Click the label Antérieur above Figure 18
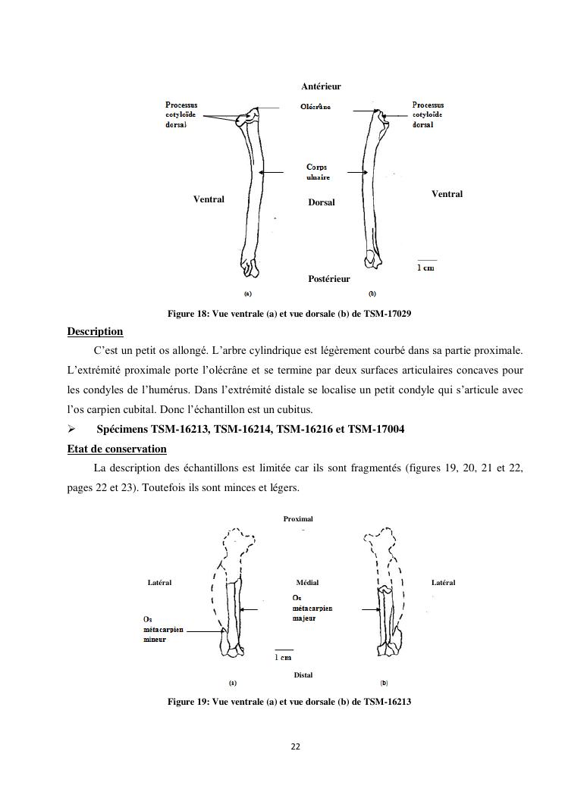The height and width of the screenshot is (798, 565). point(321,87)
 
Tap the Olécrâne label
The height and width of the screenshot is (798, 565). point(315,107)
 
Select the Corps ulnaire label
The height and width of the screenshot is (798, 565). point(317,171)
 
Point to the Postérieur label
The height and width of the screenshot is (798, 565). point(329,279)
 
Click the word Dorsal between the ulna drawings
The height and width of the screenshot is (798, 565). point(322,202)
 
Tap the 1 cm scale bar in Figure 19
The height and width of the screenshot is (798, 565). point(284,651)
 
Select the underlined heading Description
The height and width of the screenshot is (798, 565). point(95,331)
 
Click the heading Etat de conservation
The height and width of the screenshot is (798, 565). point(117,449)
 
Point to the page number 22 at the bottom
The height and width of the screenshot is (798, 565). point(295,746)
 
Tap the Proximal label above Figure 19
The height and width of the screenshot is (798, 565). point(298,519)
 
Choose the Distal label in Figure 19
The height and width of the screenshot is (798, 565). point(303,674)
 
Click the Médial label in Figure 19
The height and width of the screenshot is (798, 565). point(307,582)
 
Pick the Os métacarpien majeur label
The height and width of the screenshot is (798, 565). point(312,608)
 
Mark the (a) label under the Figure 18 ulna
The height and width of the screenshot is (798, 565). point(247,293)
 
